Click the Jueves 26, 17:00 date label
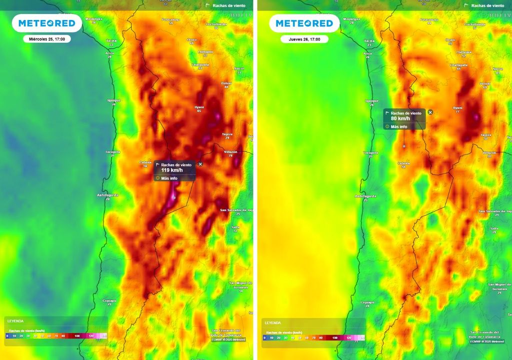point(304,39)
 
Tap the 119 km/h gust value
point(168,170)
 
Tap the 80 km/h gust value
point(400,118)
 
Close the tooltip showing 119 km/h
point(200,164)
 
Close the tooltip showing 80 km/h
point(430,112)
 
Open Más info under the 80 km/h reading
point(398,126)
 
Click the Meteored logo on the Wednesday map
point(46,23)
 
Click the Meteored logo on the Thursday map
point(304,23)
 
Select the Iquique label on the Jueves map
point(370,100)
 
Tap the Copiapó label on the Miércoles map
point(109,300)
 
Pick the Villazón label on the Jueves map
point(489,152)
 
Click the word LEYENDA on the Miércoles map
point(15,321)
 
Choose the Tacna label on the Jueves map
point(369,40)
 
